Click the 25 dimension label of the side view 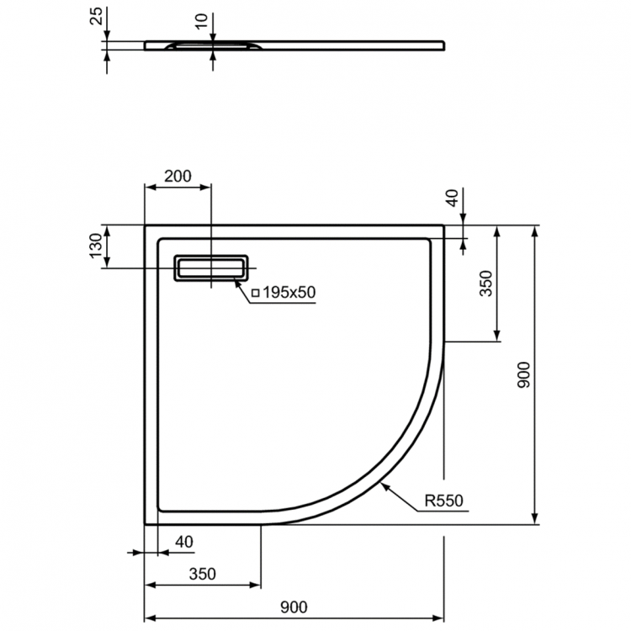[x=96, y=15]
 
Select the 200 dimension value [x=178, y=176]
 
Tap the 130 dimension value [x=96, y=247]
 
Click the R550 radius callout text [x=443, y=502]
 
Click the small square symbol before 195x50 [x=255, y=293]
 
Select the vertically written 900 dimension [x=522, y=375]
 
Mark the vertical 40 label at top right [x=452, y=199]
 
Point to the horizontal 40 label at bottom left [x=183, y=542]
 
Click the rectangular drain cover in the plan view [x=211, y=268]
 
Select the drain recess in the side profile [x=209, y=45]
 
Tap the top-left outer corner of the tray [x=146, y=225]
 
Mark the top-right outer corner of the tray [x=444, y=225]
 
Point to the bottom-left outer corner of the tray [x=146, y=523]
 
